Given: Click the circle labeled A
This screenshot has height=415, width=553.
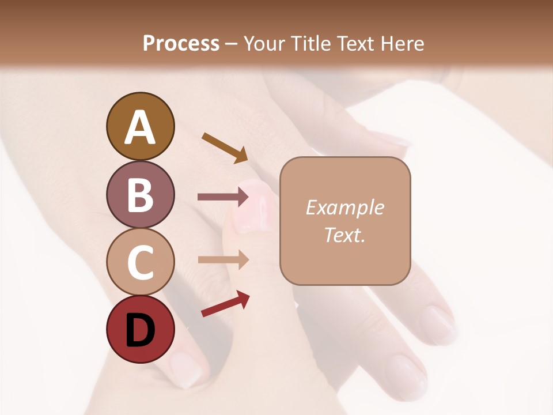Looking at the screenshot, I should click(140, 126).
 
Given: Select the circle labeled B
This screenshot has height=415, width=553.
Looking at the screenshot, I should click(140, 194).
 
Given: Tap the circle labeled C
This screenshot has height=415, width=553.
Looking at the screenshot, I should click(140, 262).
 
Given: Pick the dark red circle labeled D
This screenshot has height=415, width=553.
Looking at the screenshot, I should click(140, 329).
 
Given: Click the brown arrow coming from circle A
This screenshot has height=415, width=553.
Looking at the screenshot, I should click(225, 148).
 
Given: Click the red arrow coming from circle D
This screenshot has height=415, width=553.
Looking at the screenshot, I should click(225, 304).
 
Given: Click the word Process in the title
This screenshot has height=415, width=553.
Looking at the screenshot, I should click(181, 43).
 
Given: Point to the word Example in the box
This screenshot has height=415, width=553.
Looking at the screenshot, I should click(344, 207).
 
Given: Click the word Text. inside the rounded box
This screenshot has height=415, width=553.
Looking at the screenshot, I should click(344, 235).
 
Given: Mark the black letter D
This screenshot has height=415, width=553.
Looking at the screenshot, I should click(140, 330).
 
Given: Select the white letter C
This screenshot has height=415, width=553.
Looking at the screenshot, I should click(140, 262).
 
